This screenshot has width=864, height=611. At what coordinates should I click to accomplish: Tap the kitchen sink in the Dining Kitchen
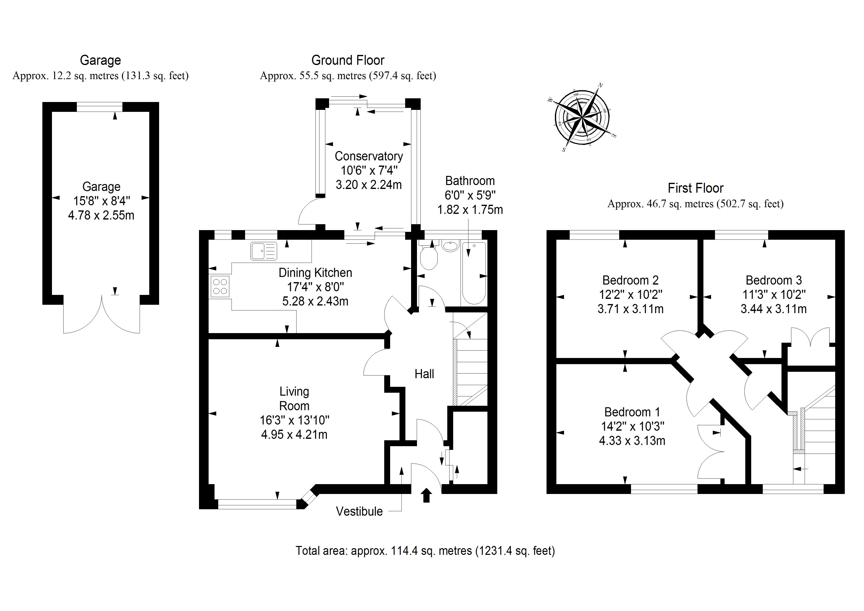[264, 251]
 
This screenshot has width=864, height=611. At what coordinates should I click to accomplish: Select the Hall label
[424, 374]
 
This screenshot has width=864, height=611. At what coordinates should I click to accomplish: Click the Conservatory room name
[368, 156]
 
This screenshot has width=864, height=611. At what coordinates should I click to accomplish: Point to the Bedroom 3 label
[773, 280]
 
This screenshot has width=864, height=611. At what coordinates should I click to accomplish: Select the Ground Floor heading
[348, 60]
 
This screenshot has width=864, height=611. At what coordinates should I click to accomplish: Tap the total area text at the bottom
[425, 551]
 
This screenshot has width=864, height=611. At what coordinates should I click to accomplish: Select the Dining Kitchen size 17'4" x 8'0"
[315, 287]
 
